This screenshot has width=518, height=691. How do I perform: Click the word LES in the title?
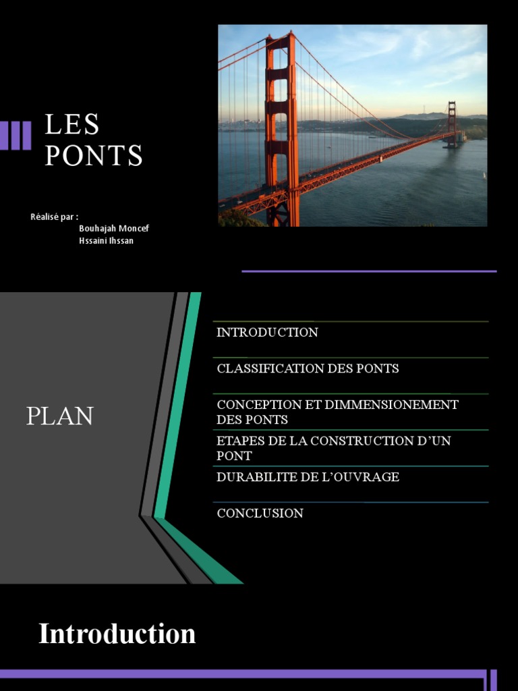[x=72, y=124]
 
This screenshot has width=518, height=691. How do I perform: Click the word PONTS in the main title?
[x=94, y=156]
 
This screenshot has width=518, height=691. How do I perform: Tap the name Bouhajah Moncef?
[x=114, y=229]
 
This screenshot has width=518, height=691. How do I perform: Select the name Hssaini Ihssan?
[x=106, y=241]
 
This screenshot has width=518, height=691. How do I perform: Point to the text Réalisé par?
[x=54, y=217]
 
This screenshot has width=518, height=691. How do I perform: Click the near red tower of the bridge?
[x=281, y=128]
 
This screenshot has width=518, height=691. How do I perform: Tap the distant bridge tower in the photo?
[x=451, y=124]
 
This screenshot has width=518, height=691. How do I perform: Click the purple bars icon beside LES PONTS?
[x=16, y=135]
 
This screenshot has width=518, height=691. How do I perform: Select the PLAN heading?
[x=59, y=416]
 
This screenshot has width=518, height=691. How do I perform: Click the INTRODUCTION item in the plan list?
[x=267, y=332]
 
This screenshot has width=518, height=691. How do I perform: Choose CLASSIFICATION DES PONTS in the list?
[x=308, y=368]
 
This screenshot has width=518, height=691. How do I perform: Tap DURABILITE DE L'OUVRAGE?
[x=308, y=477]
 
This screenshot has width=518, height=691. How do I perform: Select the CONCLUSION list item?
[x=260, y=514]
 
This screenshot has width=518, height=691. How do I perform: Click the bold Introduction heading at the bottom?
[x=117, y=634]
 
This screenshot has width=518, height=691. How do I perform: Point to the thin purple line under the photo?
[x=369, y=271]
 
